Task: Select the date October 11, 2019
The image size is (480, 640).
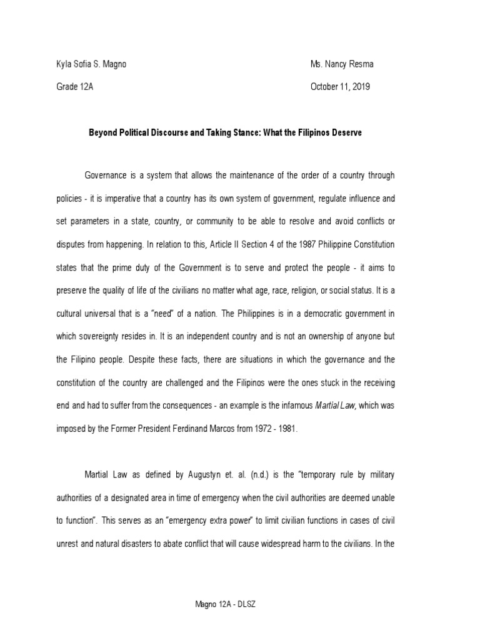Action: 340,87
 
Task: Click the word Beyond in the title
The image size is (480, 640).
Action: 103,133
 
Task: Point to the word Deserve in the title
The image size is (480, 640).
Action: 345,133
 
